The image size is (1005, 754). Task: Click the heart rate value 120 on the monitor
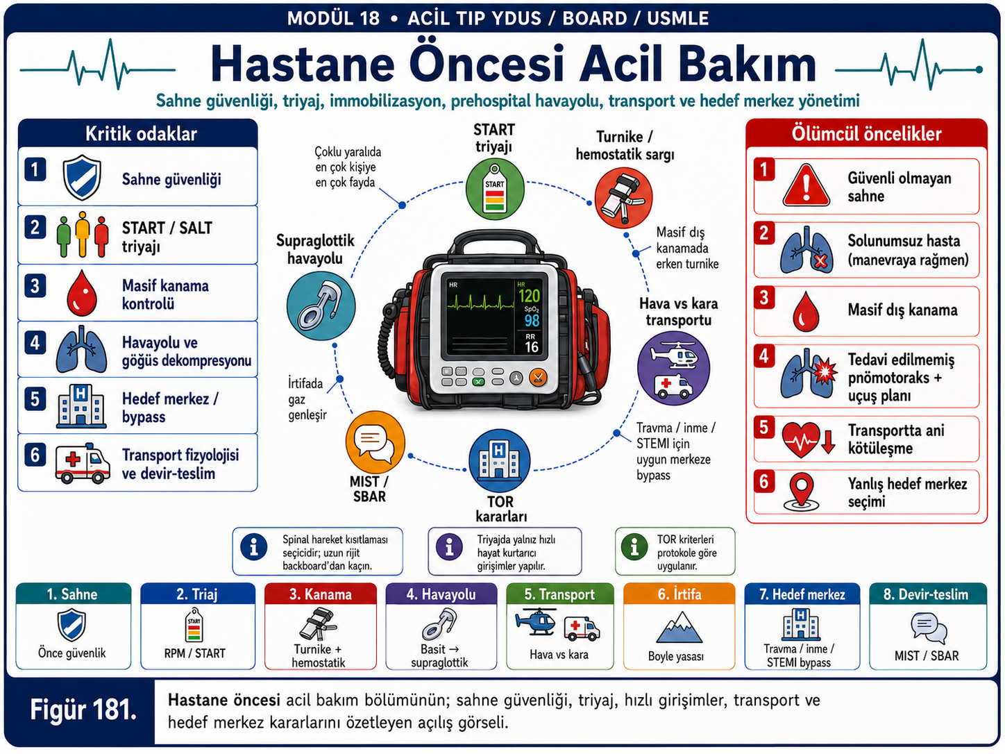click(x=529, y=296)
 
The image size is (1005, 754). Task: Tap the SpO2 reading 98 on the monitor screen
click(x=532, y=321)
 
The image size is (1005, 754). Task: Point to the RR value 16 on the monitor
click(x=531, y=347)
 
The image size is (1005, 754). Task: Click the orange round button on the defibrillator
click(x=537, y=378)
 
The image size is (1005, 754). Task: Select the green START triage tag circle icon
click(x=494, y=189)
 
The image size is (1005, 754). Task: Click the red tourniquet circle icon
click(x=623, y=198)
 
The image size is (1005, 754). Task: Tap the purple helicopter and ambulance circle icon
click(x=673, y=369)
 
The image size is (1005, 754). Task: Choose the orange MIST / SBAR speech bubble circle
click(x=375, y=442)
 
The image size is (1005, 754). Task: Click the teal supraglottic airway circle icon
click(x=321, y=305)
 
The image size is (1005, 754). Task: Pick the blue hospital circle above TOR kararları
click(x=499, y=460)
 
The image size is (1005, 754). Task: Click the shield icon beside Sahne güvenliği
click(x=82, y=177)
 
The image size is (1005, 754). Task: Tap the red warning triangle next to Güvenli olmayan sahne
click(x=806, y=185)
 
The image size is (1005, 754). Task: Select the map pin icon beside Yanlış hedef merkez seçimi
click(x=801, y=492)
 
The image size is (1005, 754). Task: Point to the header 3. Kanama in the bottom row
click(x=320, y=594)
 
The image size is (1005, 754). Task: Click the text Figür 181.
click(x=83, y=710)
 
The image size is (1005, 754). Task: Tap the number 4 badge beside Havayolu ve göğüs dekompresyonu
click(x=35, y=343)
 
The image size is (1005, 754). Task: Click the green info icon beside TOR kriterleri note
click(x=634, y=546)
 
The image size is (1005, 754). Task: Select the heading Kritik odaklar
click(x=141, y=134)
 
